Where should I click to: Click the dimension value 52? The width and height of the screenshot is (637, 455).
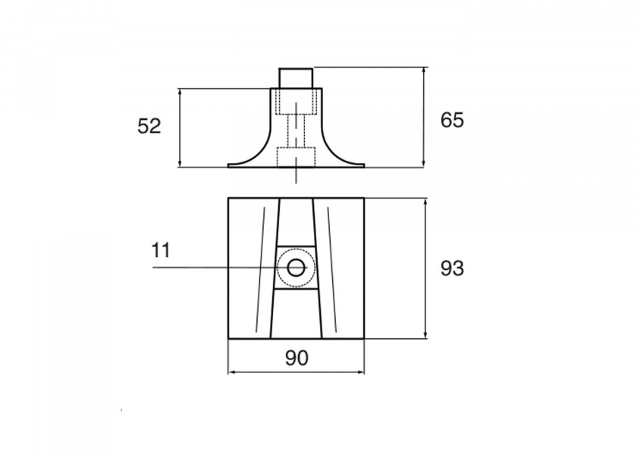[x=149, y=126]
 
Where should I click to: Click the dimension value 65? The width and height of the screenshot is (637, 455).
[x=452, y=121]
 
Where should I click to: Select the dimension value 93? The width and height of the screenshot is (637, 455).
[x=452, y=268]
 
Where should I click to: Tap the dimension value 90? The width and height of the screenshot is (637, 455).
[x=297, y=358]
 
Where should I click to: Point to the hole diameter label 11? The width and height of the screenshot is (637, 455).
[x=161, y=250]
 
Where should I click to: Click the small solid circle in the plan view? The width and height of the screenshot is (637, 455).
[x=297, y=268]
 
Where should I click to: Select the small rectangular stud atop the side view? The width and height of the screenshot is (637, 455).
[x=297, y=78]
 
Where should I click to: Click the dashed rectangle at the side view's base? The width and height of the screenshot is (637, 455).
[x=297, y=157]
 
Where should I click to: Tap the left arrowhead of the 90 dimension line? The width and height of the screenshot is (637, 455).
[x=231, y=372]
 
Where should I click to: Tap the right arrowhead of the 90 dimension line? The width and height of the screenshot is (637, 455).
[x=362, y=372]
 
